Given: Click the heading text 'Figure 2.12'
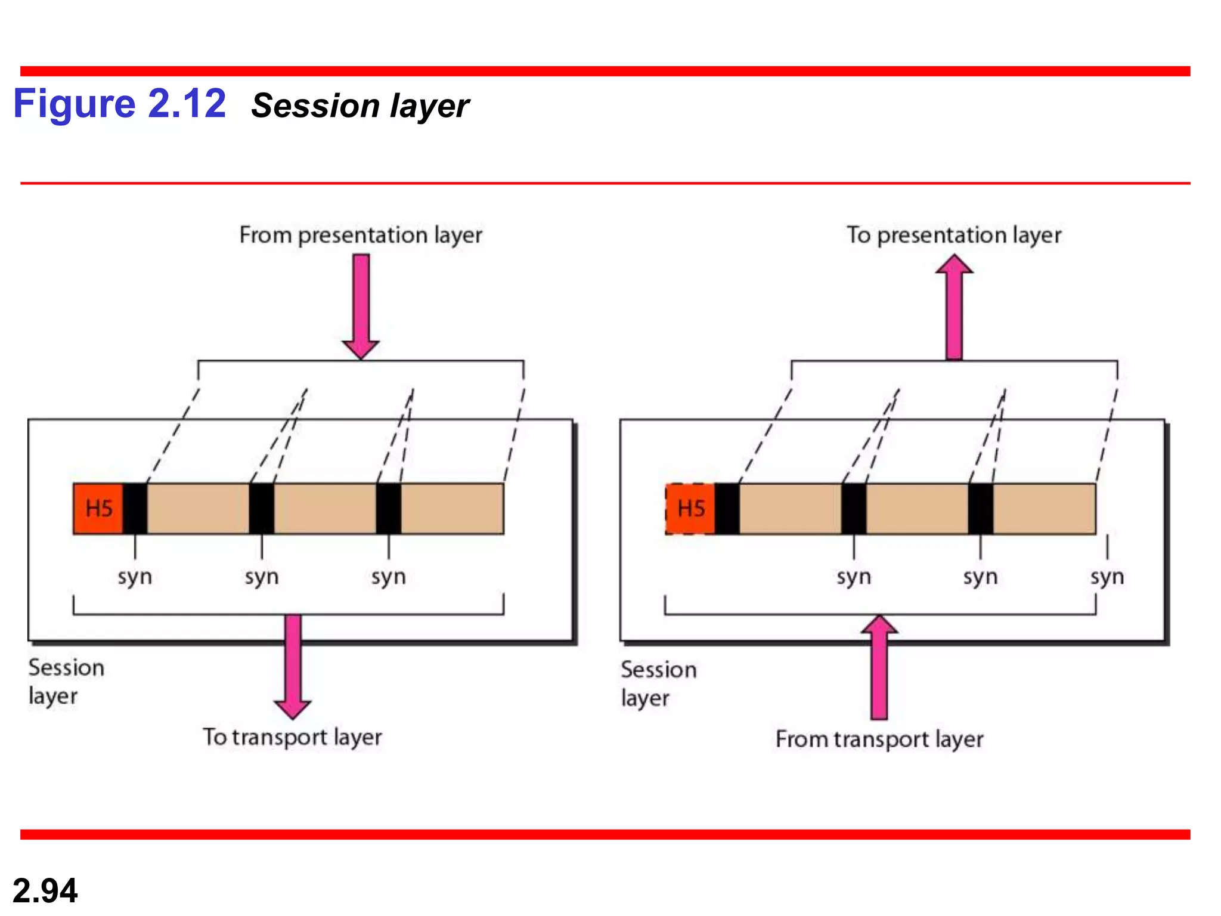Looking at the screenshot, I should click(x=119, y=104).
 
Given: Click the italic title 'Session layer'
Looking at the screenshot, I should click(x=360, y=106).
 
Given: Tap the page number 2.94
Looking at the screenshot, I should click(x=45, y=890).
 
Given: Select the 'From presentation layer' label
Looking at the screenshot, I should click(x=360, y=235).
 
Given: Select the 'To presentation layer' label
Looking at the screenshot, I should click(x=954, y=235).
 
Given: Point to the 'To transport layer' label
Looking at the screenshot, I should click(x=292, y=737).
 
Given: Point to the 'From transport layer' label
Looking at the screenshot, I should click(x=879, y=739).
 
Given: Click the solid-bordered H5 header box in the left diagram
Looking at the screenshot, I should click(x=98, y=509).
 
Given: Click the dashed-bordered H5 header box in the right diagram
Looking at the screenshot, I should click(x=690, y=509).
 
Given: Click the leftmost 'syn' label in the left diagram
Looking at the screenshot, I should click(x=135, y=577).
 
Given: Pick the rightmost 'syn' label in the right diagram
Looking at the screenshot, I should click(x=1107, y=577).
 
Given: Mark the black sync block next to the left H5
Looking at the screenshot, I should click(x=135, y=509).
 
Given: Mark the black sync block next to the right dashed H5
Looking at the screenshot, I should click(x=727, y=509).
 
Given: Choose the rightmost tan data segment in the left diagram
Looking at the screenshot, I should click(x=453, y=509).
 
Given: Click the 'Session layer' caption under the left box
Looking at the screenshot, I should click(x=66, y=682).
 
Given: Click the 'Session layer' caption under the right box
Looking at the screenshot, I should click(x=658, y=683).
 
